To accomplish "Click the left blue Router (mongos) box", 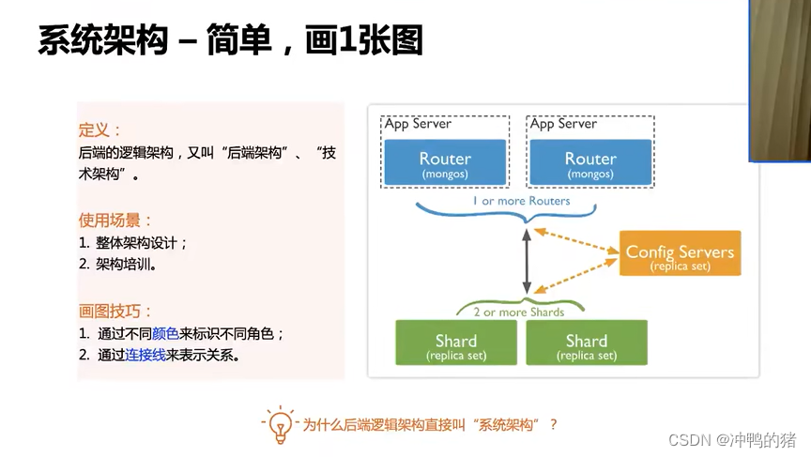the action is click(445, 161).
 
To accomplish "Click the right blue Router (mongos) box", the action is click(590, 161).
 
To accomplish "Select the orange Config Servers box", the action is click(681, 252).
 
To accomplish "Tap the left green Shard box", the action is click(456, 343).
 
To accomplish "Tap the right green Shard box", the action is click(587, 343).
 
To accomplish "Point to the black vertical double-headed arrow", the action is click(527, 262).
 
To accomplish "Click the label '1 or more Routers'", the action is click(521, 201).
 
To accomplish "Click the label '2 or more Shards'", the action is click(519, 312).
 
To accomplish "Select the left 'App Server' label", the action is click(418, 124).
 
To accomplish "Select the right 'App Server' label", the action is click(563, 124).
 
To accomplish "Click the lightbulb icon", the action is click(281, 425).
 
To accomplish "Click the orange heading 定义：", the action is click(99, 129).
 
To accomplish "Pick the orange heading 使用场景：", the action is click(115, 221).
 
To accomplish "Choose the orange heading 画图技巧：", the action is click(115, 312).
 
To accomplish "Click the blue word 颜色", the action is click(165, 334).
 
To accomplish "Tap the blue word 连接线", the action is click(145, 355).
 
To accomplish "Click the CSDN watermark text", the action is click(732, 440).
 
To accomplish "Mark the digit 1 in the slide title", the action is click(347, 40).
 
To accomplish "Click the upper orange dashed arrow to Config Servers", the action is click(576, 241).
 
